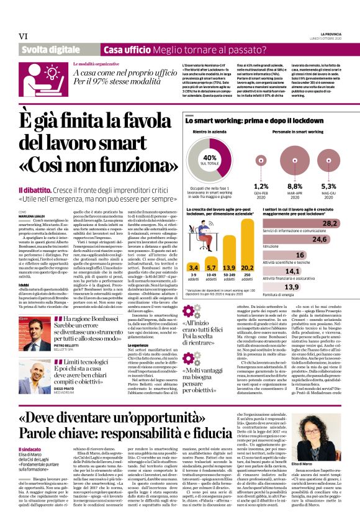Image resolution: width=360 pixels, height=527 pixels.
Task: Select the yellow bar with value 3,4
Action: pos(193,269)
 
